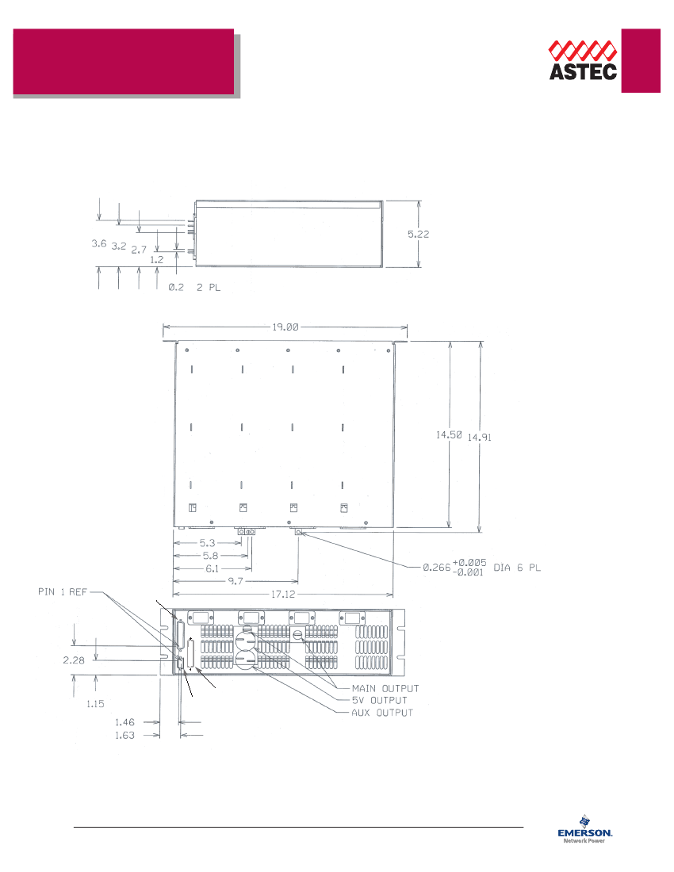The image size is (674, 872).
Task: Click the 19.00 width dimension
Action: [x=285, y=326]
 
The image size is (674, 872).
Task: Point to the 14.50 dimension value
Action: [x=449, y=435]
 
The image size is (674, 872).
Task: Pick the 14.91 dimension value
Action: [x=480, y=437]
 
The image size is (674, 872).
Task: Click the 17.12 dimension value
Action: [x=284, y=593]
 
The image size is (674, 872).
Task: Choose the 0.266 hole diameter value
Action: [x=435, y=568]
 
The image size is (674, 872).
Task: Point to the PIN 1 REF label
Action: [x=62, y=591]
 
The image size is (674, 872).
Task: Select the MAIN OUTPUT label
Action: [x=386, y=688]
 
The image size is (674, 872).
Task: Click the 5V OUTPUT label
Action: [x=380, y=700]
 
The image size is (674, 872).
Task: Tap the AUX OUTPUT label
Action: [x=382, y=713]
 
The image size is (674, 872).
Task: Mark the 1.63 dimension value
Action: [x=124, y=735]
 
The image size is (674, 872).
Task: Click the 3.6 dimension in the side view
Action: [x=99, y=245]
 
